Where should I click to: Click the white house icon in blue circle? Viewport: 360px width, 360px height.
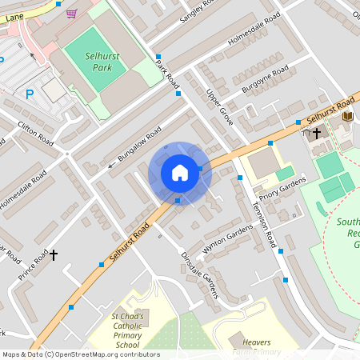tap(180, 172)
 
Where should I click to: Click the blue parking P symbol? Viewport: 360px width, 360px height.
tap(30, 94)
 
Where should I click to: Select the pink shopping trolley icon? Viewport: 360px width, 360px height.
tap(72, 13)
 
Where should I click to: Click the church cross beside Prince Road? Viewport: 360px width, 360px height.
tap(54, 255)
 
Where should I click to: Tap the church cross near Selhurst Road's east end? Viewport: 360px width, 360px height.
tap(316, 132)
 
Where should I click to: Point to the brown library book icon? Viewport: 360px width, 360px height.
tap(347, 117)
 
